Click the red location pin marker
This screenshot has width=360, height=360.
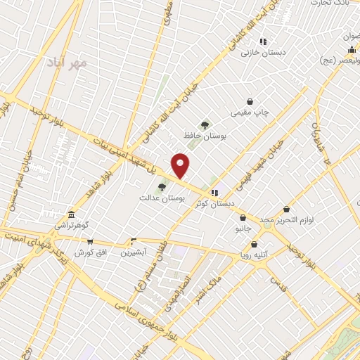[x=181, y=165]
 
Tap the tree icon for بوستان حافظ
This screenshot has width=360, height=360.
[x=205, y=125]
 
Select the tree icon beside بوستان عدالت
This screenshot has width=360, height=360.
[x=162, y=187]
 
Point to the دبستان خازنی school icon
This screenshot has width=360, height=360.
[x=263, y=41]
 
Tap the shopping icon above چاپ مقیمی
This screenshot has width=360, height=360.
[x=250, y=101]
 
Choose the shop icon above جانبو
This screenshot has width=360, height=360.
[x=243, y=218]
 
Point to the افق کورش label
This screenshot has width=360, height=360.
[x=90, y=252]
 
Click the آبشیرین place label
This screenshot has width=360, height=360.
[x=133, y=252]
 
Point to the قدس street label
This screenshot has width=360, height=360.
[x=281, y=282]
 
